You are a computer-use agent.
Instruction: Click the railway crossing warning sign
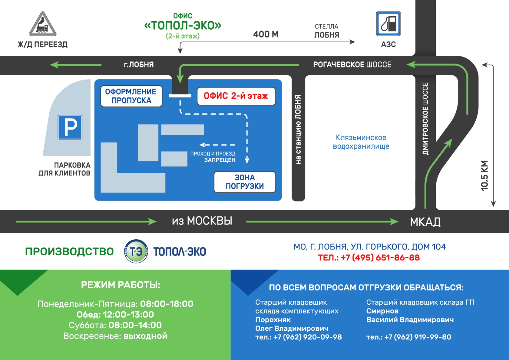(x=43, y=24)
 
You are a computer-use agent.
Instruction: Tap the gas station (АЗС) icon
(x=388, y=24)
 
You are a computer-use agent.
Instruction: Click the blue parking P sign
(x=70, y=127)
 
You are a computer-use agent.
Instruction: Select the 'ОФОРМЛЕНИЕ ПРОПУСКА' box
(x=131, y=96)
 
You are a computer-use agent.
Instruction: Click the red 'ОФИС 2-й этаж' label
(x=236, y=96)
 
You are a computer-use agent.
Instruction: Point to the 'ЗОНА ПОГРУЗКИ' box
(x=245, y=182)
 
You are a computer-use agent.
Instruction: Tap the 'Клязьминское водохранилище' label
(x=361, y=142)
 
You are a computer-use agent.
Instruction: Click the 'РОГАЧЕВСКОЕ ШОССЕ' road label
(x=352, y=65)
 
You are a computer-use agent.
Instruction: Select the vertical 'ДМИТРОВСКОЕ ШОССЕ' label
(x=425, y=119)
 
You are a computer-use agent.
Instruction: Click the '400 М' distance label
(x=266, y=34)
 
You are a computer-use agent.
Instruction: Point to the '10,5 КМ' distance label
(x=484, y=176)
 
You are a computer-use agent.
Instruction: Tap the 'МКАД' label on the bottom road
(x=425, y=222)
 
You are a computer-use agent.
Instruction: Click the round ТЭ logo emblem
(x=136, y=251)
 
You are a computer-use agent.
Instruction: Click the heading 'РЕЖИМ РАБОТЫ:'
(x=121, y=285)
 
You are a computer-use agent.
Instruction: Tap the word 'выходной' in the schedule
(x=145, y=336)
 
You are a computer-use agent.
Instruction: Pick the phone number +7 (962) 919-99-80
(x=417, y=337)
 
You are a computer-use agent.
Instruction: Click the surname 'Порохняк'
(x=273, y=320)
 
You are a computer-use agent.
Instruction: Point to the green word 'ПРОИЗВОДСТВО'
(x=69, y=251)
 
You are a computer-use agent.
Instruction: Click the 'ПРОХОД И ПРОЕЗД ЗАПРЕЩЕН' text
(x=213, y=157)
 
